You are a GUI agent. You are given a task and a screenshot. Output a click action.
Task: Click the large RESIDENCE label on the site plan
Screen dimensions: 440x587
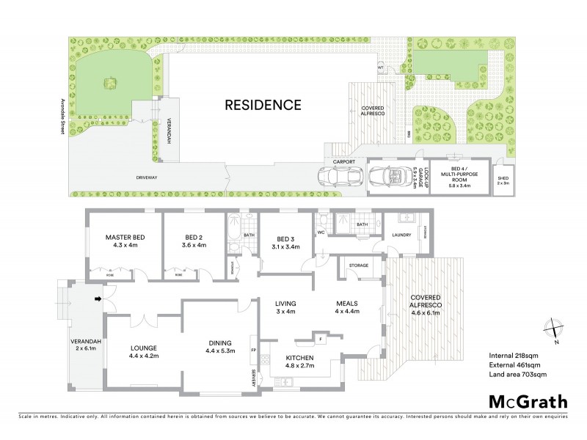(262, 104)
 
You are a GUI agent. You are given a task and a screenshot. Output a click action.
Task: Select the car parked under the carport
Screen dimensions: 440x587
(338, 177)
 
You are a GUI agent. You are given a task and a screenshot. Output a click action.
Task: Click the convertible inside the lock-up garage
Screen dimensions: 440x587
(388, 177)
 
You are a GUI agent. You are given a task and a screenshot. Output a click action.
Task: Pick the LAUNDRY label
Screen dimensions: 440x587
(401, 235)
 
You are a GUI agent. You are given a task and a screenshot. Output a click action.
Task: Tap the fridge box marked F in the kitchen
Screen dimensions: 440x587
(321, 339)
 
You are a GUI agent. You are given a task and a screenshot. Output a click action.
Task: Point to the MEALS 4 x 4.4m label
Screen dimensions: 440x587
(346, 308)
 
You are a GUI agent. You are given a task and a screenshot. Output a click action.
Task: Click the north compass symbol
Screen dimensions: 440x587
(555, 331)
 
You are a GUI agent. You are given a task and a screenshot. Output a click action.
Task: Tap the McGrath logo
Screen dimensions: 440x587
(528, 401)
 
